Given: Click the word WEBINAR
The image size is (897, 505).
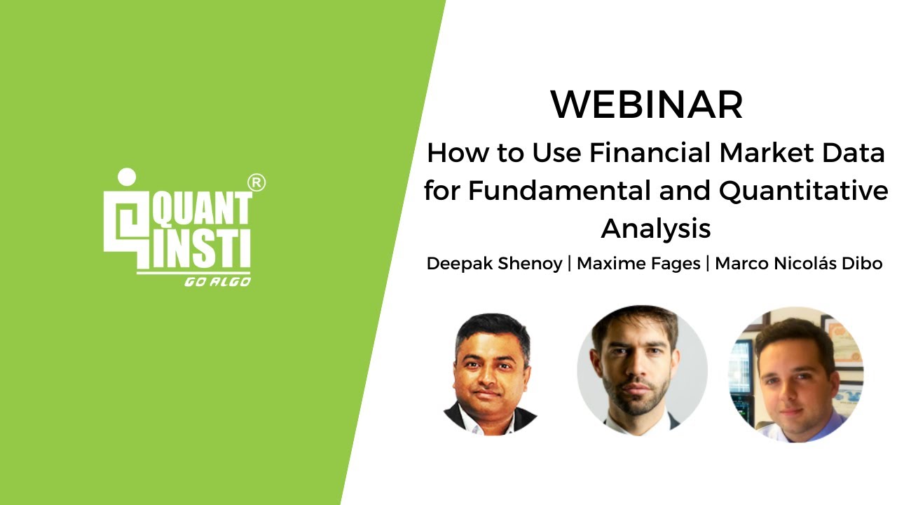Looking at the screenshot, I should [x=646, y=105].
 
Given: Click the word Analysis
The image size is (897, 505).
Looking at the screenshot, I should [x=656, y=229].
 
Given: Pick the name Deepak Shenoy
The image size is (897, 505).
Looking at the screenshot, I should [x=494, y=264].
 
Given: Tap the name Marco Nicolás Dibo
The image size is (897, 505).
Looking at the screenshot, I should [x=797, y=264].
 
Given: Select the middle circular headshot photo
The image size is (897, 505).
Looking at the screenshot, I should [x=642, y=370].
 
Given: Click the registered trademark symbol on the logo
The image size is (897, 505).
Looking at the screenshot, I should [x=257, y=182].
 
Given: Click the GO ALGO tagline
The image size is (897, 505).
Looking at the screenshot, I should [x=217, y=281].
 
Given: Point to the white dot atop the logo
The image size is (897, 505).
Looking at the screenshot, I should [x=127, y=176].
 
